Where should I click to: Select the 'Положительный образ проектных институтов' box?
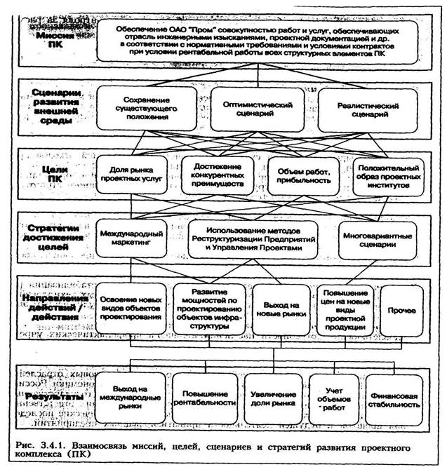click(388, 175)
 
